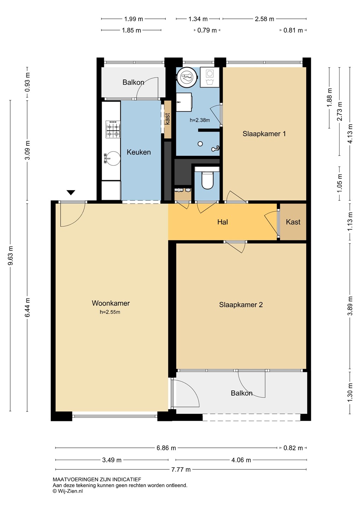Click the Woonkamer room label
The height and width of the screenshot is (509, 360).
(111, 303)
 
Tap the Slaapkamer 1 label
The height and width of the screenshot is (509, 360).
(264, 134)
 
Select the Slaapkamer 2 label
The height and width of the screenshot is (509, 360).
(241, 304)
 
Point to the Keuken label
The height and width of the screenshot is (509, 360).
(138, 152)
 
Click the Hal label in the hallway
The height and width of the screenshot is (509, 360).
(222, 222)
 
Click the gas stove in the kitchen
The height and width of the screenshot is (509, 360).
(113, 129)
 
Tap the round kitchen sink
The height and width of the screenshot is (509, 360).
(113, 158)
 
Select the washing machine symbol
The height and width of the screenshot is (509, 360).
(209, 77)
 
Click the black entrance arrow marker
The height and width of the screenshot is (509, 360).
(71, 192)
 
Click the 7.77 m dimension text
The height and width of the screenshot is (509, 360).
(181, 469)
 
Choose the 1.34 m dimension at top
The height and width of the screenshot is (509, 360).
(198, 19)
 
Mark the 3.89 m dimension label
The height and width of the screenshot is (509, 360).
(350, 306)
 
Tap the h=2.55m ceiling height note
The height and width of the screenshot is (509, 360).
(110, 312)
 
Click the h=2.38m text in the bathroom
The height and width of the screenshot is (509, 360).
(200, 120)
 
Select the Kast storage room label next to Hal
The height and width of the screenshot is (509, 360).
(293, 222)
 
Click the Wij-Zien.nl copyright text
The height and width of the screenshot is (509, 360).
(68, 491)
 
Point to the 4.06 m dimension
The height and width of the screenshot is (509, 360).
(241, 460)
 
